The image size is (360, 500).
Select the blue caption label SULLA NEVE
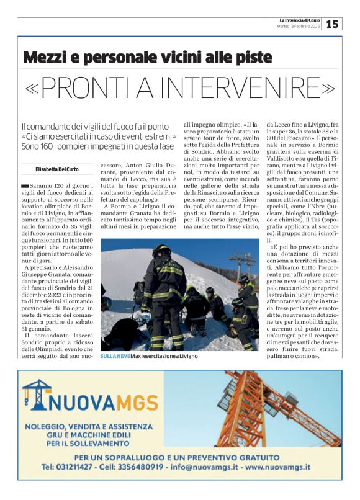click(115, 356)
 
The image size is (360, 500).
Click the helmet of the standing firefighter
click(161, 250)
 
